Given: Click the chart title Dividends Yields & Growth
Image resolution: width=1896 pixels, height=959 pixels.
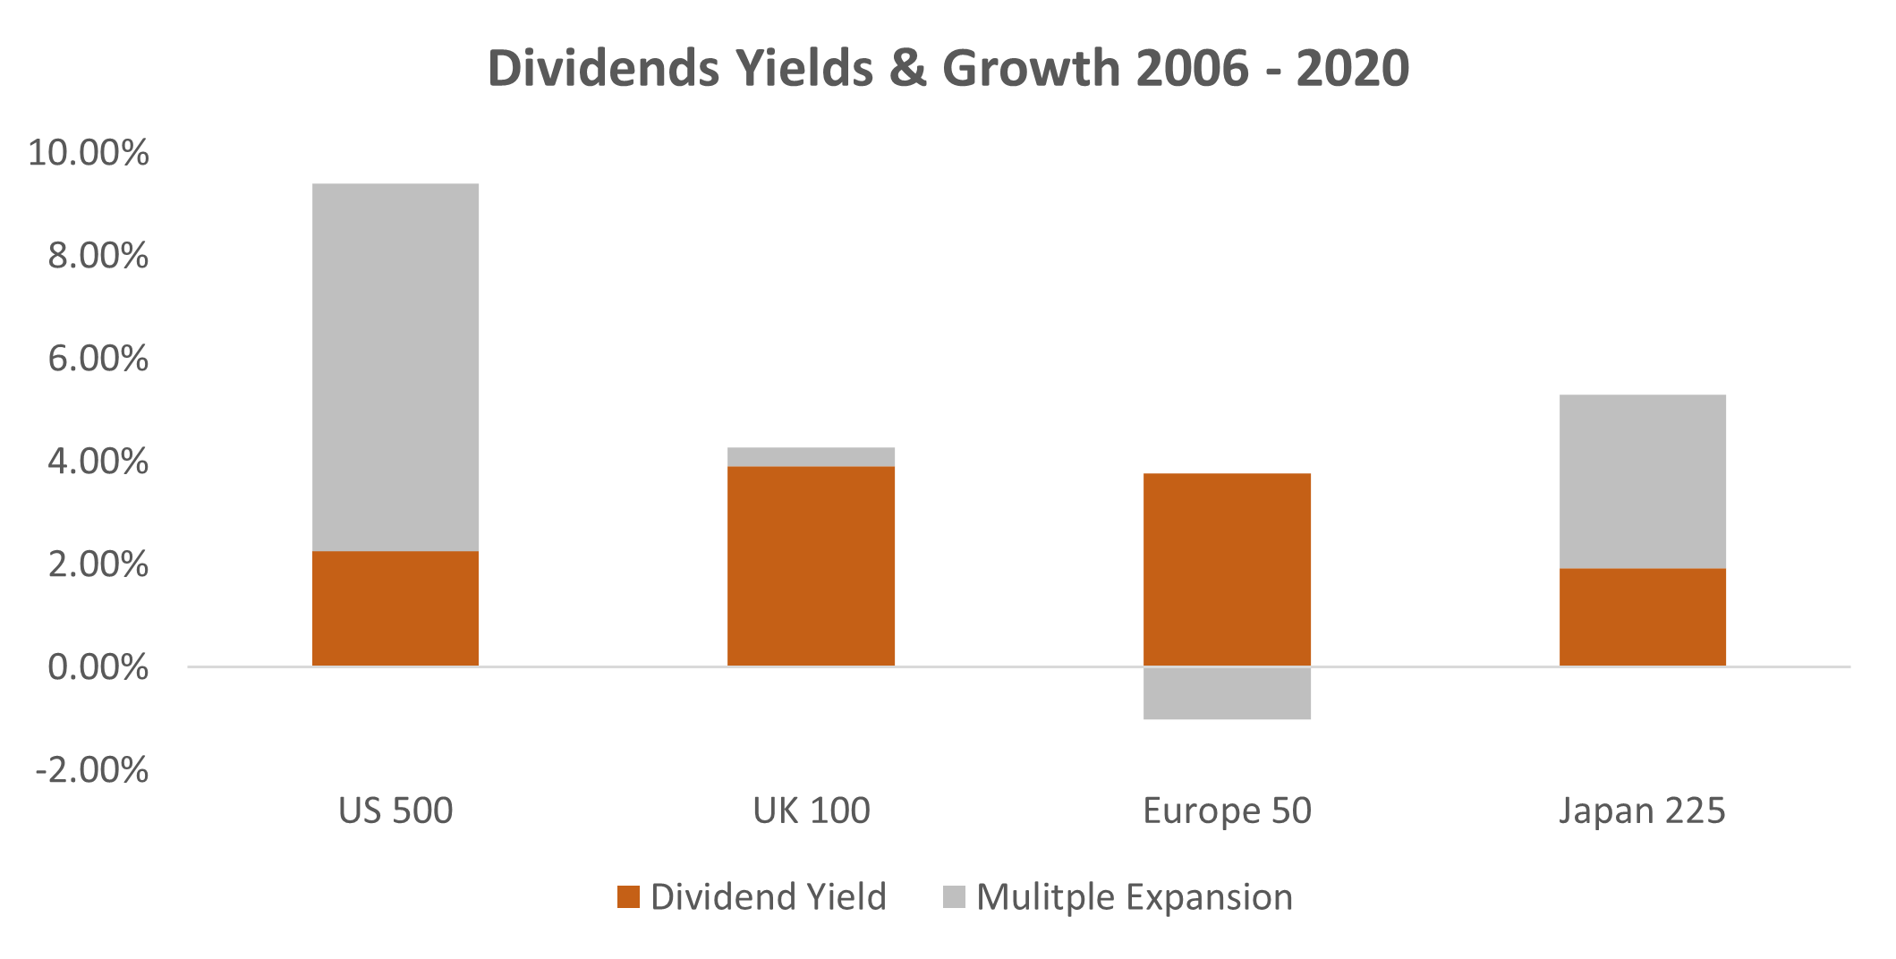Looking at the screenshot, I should tap(948, 68).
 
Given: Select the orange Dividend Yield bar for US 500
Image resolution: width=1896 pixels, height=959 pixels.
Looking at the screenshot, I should tap(395, 608).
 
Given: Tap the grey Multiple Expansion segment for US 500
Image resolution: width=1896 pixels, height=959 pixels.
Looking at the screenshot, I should tap(395, 367).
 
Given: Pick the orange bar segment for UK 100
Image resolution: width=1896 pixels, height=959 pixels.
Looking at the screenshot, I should tap(811, 565).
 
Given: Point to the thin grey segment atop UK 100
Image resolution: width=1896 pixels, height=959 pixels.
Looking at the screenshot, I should tap(811, 456).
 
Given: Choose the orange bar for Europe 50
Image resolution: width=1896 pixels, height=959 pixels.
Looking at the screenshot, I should tap(1227, 569).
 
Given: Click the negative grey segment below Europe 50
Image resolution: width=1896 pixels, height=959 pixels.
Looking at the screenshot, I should tap(1227, 693).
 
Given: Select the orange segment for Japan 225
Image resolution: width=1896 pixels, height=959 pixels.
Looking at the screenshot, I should tap(1642, 616).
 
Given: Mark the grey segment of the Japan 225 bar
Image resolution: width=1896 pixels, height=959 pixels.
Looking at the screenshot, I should tap(1642, 481).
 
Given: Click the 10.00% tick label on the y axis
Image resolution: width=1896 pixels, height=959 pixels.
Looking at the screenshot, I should tap(88, 153).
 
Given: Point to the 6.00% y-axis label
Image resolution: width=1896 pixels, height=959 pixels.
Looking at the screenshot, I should tap(98, 359).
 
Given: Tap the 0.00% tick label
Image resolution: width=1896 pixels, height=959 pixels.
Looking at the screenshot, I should tap(98, 667).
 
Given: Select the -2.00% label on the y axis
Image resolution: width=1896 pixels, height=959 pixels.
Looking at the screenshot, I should tap(91, 770).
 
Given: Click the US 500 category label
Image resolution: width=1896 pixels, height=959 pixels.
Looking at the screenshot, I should tap(395, 810).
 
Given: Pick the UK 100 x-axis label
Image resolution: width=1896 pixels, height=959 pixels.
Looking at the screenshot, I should tap(811, 810).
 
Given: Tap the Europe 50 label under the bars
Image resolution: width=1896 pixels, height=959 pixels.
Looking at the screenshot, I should tap(1227, 810).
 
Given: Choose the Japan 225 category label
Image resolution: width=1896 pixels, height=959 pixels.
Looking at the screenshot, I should tap(1642, 810).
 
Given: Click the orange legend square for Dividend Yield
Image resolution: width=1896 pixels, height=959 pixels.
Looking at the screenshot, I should tap(628, 897).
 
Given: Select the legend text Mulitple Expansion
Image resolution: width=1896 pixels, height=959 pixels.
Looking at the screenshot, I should tap(1135, 897).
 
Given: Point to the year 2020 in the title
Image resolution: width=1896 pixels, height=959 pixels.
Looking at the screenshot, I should tap(1352, 68).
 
